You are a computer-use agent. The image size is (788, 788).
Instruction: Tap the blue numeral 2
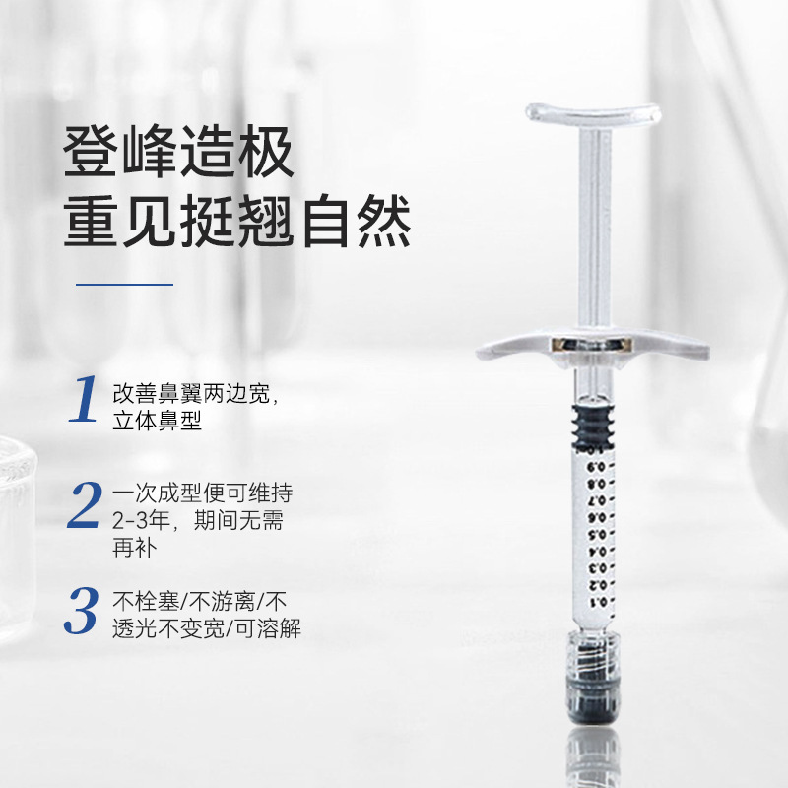coord(85,504)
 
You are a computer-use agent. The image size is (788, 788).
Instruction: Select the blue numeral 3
coord(82,610)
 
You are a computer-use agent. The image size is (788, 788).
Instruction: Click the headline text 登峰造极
coord(178,152)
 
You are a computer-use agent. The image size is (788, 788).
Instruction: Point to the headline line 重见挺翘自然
coord(237,221)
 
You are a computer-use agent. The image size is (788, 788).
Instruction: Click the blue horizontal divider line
coord(125,285)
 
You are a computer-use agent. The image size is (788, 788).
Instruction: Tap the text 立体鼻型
coord(157,421)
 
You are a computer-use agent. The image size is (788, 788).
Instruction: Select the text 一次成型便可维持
coord(203,493)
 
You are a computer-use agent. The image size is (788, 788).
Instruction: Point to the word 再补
coord(135,547)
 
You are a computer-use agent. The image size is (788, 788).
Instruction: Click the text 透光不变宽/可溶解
coord(207,628)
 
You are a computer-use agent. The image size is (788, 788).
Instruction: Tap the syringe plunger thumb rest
coord(594,112)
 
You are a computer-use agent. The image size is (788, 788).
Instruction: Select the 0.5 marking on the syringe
coord(598,534)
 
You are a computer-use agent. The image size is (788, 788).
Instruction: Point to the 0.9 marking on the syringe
coord(597,467)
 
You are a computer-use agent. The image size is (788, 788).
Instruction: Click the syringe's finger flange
coord(593,345)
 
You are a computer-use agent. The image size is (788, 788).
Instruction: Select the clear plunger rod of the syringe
coord(594,227)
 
